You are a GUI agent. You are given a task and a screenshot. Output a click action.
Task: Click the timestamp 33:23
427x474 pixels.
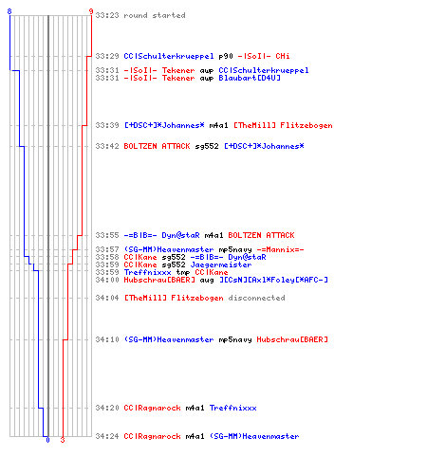tap(107, 15)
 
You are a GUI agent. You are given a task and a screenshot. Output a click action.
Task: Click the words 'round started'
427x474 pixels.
tap(155, 15)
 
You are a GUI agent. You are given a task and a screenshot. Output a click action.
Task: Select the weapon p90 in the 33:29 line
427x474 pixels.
tap(226, 56)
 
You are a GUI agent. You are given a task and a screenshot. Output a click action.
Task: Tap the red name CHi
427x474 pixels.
tap(283, 56)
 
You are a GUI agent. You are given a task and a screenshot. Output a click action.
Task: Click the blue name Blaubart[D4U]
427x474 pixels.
tap(250, 78)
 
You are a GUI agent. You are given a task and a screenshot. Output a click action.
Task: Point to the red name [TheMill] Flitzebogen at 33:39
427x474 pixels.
tap(283, 125)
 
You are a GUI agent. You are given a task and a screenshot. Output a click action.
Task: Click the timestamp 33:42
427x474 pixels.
tap(107, 146)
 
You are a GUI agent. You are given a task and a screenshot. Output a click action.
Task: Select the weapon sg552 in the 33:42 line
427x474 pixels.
tap(207, 146)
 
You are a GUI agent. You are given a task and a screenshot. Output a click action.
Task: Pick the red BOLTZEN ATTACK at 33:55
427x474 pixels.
tap(261, 235)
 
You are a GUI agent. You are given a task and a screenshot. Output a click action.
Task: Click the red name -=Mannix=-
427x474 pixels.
tap(280, 249)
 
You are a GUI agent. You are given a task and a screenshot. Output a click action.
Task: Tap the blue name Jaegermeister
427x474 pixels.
tap(221, 264)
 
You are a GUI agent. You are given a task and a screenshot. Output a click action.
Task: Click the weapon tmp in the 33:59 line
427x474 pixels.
tap(183, 272)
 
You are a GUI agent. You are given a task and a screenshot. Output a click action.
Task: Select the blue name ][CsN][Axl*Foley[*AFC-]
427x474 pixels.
tap(274, 280)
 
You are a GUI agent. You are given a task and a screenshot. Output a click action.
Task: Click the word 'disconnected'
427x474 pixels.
tap(256, 298)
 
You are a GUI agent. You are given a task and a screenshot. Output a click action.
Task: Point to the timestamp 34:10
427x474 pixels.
tap(107, 339)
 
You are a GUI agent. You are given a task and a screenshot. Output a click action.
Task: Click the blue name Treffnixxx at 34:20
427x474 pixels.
tap(233, 408)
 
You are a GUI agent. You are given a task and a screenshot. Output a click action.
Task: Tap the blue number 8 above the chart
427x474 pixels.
tap(9, 11)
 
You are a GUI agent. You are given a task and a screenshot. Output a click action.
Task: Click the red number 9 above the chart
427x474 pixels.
tap(91, 11)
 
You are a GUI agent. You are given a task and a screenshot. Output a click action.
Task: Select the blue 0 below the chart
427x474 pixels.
tap(47, 440)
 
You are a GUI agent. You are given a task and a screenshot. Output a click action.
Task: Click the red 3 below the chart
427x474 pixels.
tap(63, 440)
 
